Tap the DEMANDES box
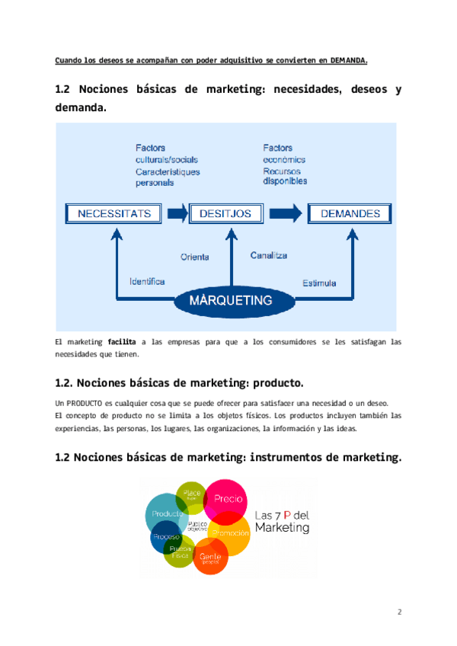350,213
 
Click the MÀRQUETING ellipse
231,300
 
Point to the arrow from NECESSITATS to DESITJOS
177,213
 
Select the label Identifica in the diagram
147,281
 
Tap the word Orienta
194,257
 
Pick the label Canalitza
269,255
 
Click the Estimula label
319,283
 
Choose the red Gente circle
210,558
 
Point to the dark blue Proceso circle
165,538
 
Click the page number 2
399,612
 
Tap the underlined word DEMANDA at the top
349,61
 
